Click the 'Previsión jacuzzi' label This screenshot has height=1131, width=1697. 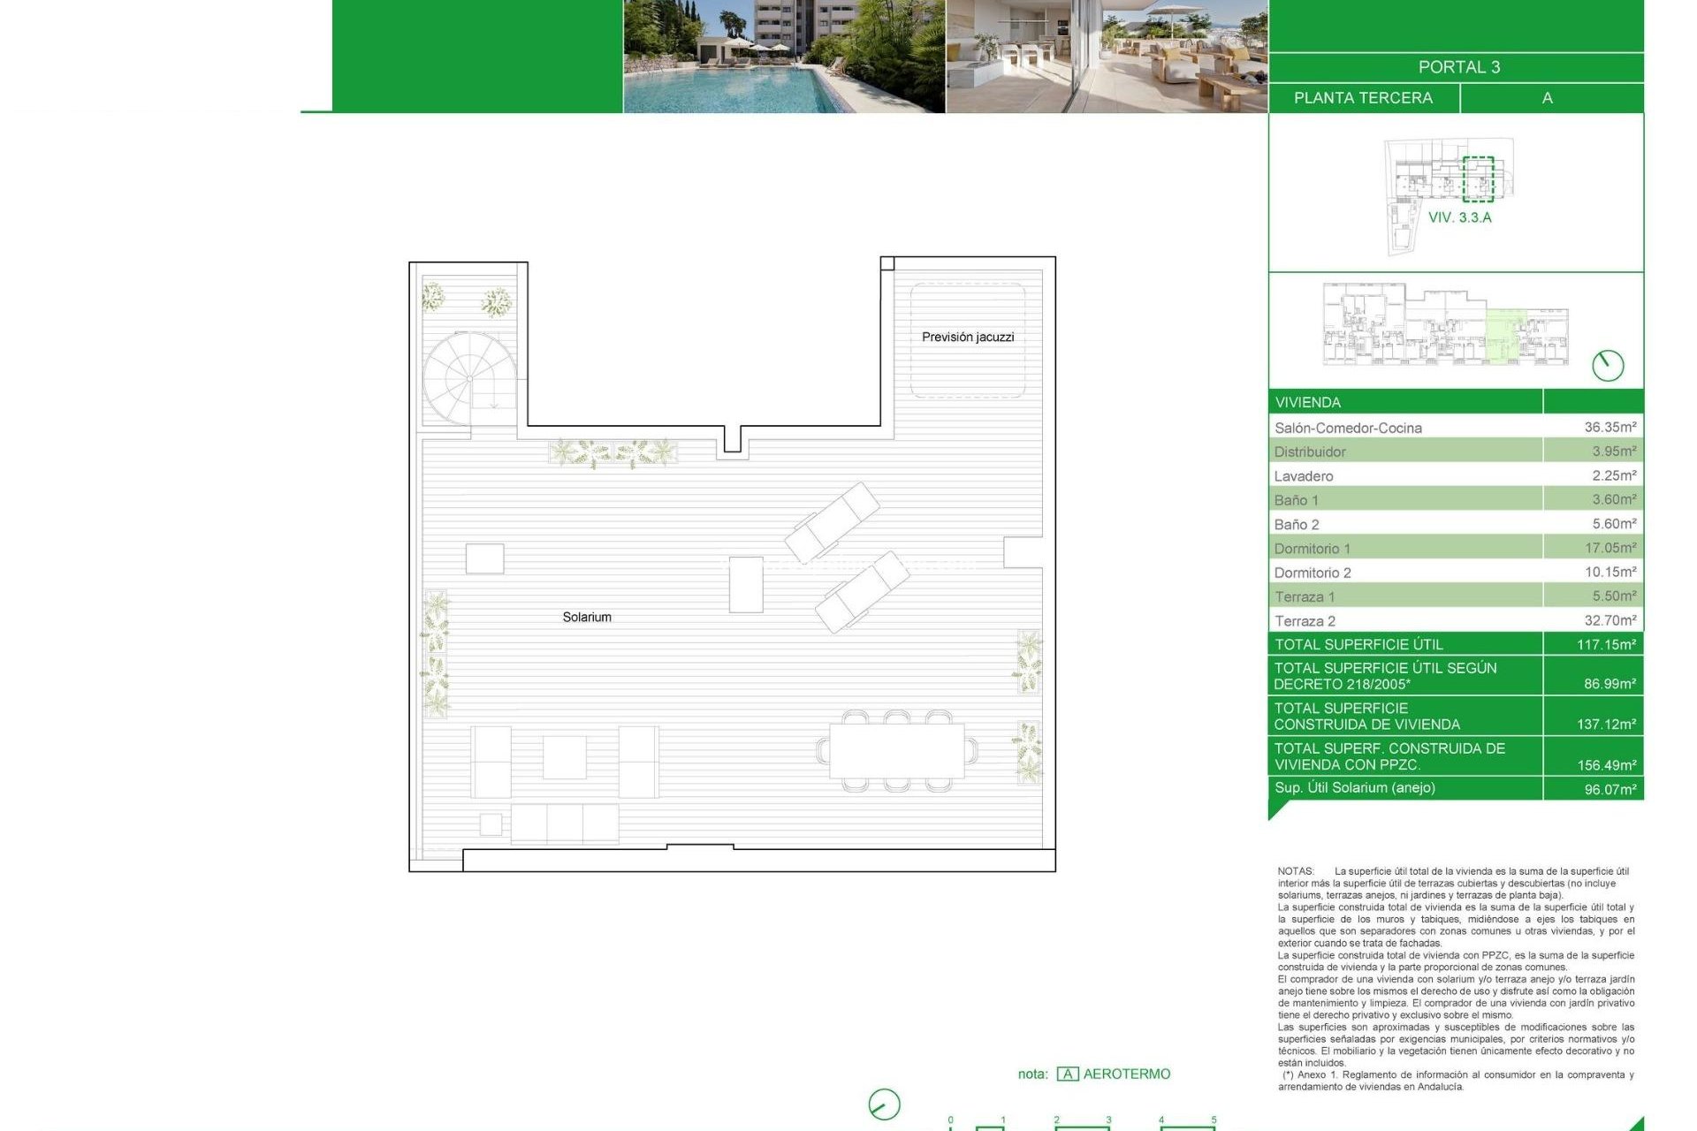coord(968,337)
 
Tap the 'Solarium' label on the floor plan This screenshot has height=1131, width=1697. coord(587,617)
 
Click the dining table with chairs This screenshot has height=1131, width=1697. coord(897,750)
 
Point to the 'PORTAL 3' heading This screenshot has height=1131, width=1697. coord(1458,67)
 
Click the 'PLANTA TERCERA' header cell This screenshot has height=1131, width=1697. coord(1363,98)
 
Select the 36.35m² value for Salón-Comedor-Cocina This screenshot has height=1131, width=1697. coord(1609,427)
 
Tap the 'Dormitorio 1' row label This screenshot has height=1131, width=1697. coord(1312,549)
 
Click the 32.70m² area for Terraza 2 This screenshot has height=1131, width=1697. coord(1609,620)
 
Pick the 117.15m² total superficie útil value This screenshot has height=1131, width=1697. coord(1606,644)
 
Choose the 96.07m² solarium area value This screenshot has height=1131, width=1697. coord(1609,789)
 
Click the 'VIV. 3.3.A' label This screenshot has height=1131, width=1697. coord(1459,217)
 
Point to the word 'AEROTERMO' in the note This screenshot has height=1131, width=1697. coord(1126,1074)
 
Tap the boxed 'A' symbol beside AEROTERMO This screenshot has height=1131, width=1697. coord(1068,1074)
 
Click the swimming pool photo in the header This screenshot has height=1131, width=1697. coord(784,57)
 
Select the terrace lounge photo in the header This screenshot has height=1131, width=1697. coord(1107,57)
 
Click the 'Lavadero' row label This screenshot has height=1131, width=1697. coord(1304,476)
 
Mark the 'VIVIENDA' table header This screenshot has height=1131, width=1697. coord(1307,402)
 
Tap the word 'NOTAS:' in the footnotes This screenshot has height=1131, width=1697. coord(1296,871)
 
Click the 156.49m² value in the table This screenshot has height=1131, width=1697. coord(1606,765)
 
